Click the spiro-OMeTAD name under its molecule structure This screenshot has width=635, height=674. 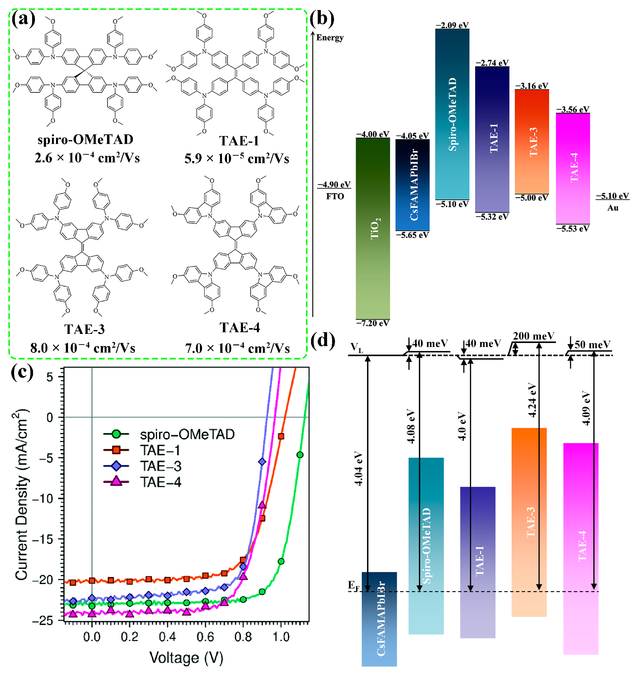85,140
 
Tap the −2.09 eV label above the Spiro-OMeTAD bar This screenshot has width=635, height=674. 452,25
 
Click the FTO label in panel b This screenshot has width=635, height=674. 335,196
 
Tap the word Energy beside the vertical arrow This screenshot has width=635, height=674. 330,38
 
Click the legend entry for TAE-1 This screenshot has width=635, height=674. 160,450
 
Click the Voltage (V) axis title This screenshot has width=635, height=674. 186,658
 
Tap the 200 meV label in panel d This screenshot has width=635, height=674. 533,336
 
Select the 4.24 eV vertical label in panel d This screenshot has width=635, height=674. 532,400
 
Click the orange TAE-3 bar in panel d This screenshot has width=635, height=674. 529,522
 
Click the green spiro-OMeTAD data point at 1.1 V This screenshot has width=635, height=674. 300,455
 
